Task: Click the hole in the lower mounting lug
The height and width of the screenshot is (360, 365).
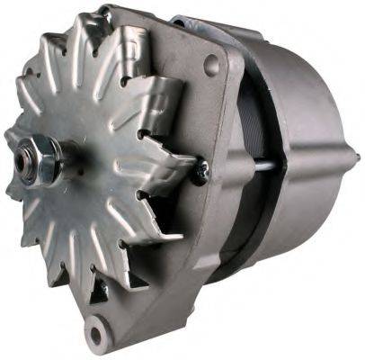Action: coord(98,334)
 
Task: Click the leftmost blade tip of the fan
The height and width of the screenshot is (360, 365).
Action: coord(9,144)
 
